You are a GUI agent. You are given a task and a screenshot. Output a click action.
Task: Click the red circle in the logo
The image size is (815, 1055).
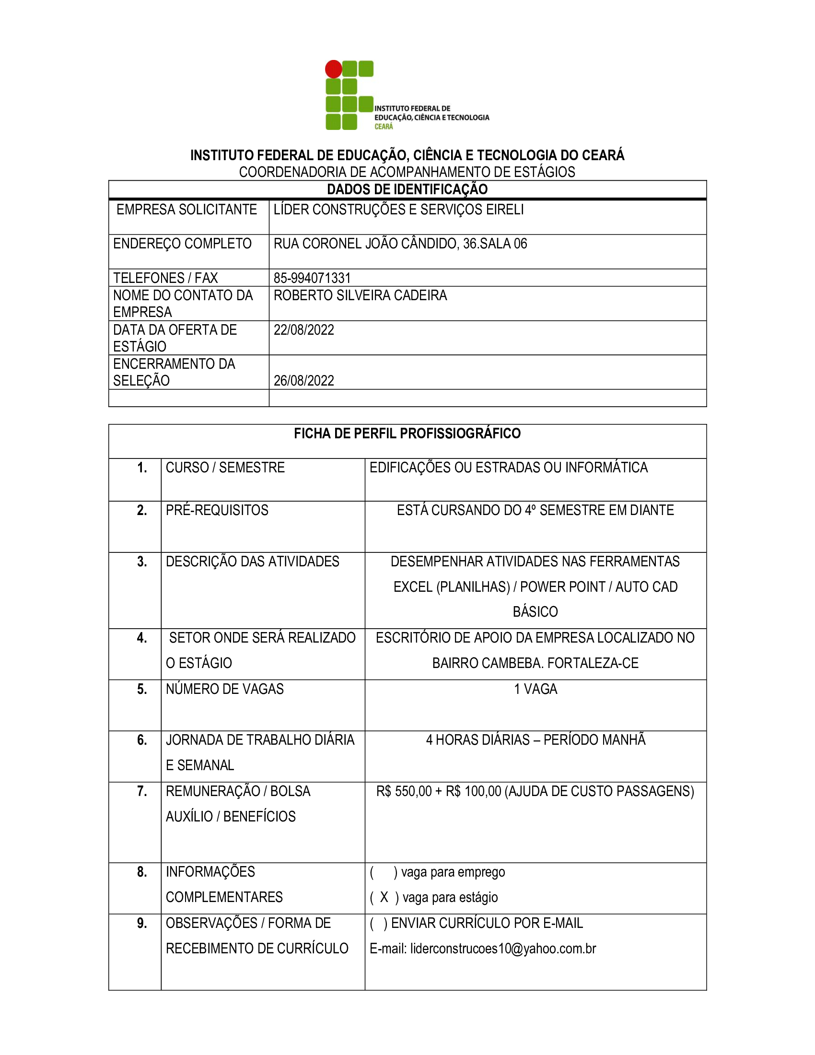[x=333, y=69]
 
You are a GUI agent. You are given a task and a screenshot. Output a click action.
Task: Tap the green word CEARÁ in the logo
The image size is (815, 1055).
[x=384, y=127]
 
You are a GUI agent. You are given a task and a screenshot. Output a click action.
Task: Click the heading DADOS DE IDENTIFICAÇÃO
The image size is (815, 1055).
[x=407, y=189]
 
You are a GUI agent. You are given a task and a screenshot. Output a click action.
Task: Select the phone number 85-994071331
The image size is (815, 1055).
[x=312, y=278]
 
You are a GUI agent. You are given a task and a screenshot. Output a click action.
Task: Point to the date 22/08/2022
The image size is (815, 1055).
[x=303, y=330]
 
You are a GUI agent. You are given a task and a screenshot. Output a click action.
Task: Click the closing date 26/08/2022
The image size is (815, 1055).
[x=303, y=381]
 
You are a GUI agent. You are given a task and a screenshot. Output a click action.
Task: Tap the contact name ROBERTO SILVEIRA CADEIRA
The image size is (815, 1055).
[x=360, y=295]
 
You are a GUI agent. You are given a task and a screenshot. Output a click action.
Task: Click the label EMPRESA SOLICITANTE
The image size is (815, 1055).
[x=186, y=210]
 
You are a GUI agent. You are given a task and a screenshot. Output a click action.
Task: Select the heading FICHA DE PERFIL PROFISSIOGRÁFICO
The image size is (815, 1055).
[x=407, y=434]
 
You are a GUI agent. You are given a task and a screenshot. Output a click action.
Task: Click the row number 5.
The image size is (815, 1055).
[x=142, y=689]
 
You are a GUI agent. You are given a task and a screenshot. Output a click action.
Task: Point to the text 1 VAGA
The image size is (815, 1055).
[x=536, y=689]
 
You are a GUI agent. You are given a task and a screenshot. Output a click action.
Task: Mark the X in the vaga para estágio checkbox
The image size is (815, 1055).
[x=384, y=897]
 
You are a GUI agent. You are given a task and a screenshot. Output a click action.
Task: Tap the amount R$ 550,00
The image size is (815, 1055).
[x=404, y=791]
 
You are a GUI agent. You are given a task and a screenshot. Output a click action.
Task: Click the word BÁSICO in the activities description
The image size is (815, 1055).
[x=536, y=611]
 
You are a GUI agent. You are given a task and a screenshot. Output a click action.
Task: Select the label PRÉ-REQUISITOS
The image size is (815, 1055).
[x=217, y=510]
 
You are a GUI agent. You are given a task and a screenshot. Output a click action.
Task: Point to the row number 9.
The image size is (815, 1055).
[x=142, y=923]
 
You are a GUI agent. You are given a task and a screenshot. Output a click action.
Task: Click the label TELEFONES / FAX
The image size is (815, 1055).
[x=165, y=278]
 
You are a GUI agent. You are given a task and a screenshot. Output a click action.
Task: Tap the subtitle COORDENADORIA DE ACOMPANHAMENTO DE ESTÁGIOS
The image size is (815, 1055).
[x=407, y=172]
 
